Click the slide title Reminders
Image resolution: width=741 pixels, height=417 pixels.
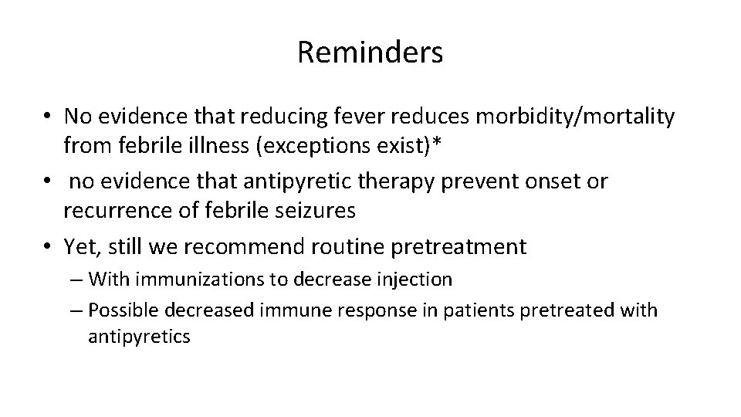point(370,53)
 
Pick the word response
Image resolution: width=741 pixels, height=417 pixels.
point(359,310)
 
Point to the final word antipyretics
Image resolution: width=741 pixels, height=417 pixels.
point(138,337)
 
